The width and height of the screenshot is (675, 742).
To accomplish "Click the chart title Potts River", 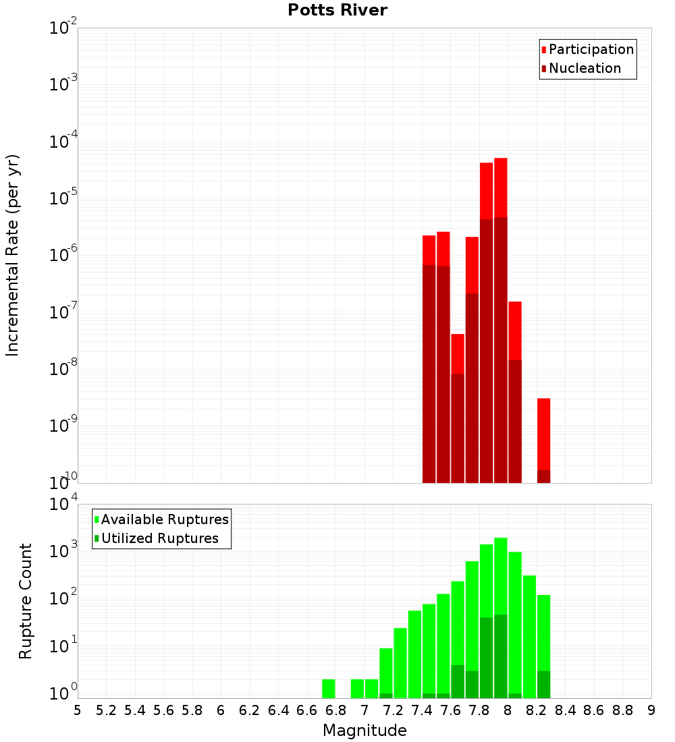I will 337,10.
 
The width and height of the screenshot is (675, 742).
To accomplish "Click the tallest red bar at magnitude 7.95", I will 500,189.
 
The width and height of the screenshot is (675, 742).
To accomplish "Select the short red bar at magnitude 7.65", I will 458,354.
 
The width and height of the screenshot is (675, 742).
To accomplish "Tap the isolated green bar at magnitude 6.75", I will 329,689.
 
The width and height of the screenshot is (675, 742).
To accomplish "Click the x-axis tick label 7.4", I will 422,710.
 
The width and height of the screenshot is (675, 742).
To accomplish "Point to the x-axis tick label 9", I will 651,710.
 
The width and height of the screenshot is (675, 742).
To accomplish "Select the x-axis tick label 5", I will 78,710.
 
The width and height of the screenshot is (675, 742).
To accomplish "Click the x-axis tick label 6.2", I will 250,710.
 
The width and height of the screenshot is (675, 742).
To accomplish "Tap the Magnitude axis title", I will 364,731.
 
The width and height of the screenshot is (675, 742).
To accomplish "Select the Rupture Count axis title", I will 26,601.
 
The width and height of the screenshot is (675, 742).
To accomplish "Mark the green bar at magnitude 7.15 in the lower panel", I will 386,673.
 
